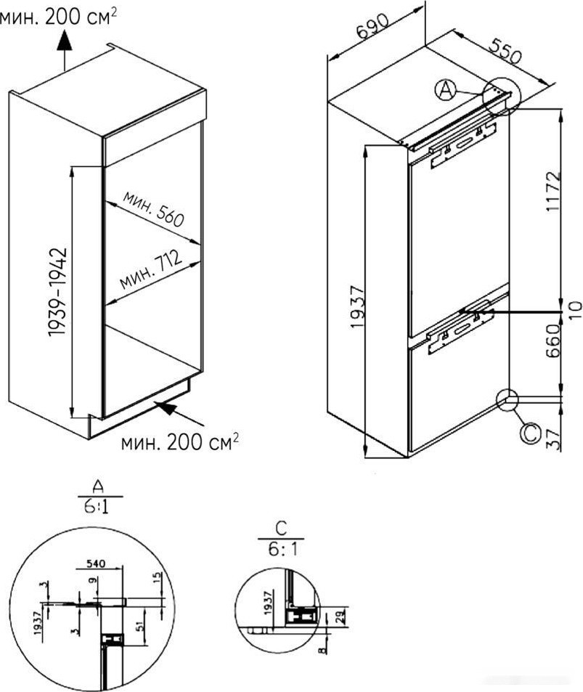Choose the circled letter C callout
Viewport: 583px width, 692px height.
pyautogui.click(x=530, y=433)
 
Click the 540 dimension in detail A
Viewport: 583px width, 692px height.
pyautogui.click(x=96, y=563)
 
